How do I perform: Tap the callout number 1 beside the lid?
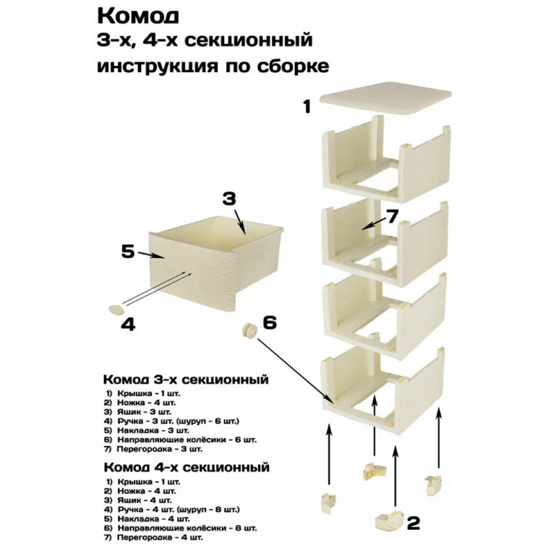(307, 108)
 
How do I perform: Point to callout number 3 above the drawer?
(229, 198)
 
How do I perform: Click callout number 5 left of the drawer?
(127, 251)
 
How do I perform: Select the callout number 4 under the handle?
(128, 325)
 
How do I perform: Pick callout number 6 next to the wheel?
(270, 322)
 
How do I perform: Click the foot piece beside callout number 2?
(391, 519)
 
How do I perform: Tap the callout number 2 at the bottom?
(414, 522)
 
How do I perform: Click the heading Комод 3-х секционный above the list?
(186, 380)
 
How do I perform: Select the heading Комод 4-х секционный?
(186, 466)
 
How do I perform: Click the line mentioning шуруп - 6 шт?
(171, 420)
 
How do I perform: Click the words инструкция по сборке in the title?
(213, 66)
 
